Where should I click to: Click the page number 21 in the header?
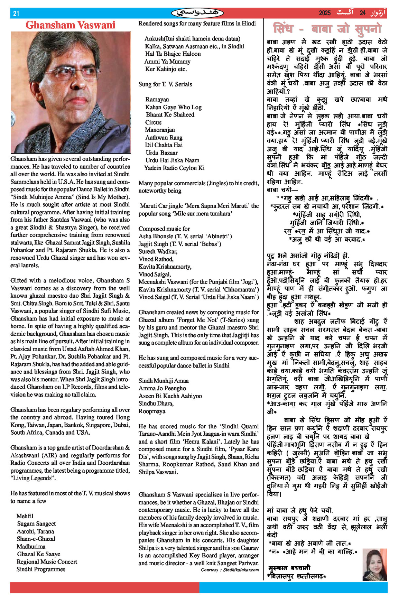(16, 13)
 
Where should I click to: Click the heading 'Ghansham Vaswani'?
(71, 25)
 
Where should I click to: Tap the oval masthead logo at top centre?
(197, 13)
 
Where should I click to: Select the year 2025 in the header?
(325, 13)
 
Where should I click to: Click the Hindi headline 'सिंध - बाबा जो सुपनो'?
(327, 28)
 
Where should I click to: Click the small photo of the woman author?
(374, 565)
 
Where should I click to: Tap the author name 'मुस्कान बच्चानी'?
(289, 568)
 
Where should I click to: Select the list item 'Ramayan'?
(157, 100)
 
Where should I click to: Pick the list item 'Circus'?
(153, 122)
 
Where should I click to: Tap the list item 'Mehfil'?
(25, 516)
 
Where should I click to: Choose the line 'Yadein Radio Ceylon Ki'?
(174, 168)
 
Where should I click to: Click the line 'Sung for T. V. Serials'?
(165, 84)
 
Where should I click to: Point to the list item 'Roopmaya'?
(152, 411)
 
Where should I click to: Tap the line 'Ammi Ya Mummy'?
(167, 62)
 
